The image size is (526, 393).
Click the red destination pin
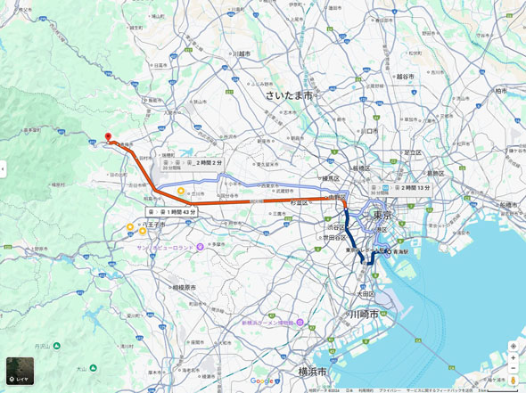[108, 138]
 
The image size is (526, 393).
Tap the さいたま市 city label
[288, 94]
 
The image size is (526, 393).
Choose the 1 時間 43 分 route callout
[171, 211]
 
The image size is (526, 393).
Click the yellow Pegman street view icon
[514, 381]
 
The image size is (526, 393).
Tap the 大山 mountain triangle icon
[94, 367]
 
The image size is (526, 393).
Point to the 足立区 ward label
[412, 152]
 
